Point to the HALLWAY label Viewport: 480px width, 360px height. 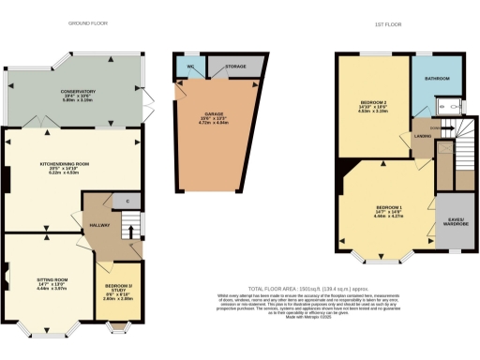coord(98,226)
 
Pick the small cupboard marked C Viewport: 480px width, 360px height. coord(126,202)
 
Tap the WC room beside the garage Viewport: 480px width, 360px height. coord(189,68)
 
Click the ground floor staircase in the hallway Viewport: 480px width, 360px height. coord(131,226)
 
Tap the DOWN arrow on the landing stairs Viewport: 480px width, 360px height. coord(435,127)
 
